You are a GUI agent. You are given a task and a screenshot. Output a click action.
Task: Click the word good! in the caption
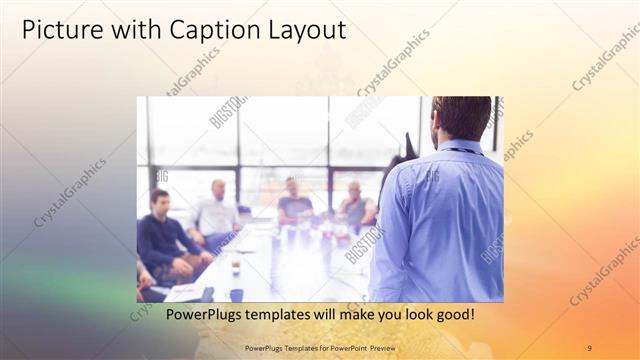[455, 315]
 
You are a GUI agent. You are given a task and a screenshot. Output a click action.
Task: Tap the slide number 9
[589, 347]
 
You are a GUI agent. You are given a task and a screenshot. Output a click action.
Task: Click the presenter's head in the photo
[462, 117]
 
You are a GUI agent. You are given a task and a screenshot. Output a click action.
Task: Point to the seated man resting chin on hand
[356, 206]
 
